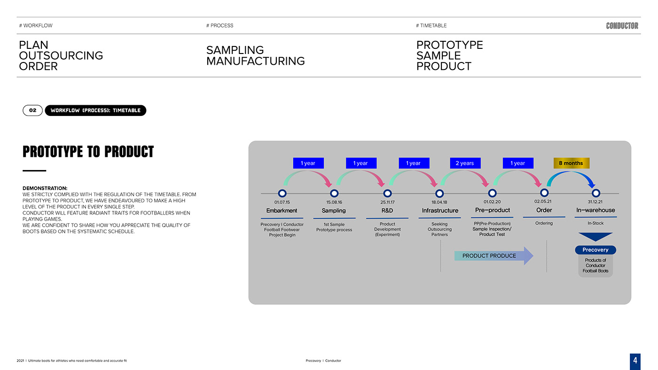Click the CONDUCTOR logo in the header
(622, 26)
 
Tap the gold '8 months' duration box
(571, 163)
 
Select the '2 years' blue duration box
(464, 163)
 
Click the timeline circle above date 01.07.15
(282, 193)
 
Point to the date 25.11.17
(387, 202)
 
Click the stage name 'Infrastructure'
(440, 210)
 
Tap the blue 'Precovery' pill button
(595, 250)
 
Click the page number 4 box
(635, 361)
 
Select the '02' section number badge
(32, 110)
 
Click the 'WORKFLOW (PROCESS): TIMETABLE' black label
(95, 110)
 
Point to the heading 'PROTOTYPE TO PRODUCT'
(88, 152)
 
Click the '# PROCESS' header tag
(219, 25)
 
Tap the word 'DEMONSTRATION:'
(45, 188)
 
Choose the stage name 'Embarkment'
(282, 210)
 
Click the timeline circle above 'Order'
(544, 193)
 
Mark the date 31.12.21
(595, 202)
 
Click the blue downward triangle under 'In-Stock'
(595, 237)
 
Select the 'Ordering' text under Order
(544, 223)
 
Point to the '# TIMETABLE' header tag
(431, 25)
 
